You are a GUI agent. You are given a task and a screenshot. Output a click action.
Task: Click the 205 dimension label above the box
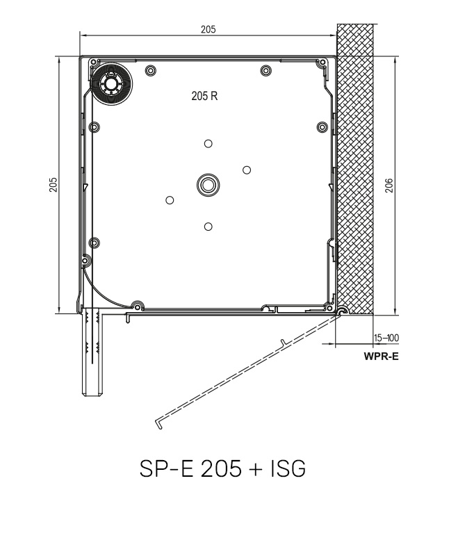point(207,29)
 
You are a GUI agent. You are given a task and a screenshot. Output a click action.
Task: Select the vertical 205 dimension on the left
point(54,185)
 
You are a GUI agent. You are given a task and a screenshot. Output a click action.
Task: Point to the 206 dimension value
point(389,186)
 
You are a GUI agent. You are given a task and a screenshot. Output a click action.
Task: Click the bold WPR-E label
point(381,358)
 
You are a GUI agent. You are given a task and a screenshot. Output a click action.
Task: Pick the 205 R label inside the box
point(204,96)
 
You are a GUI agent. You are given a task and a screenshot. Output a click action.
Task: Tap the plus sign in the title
point(253,470)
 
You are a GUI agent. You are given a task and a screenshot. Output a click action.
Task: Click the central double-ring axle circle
point(207,184)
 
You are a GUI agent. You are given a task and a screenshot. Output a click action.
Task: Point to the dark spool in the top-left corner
point(110,84)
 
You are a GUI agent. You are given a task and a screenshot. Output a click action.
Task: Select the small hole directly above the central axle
point(208,143)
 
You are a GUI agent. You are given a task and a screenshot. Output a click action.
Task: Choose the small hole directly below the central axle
point(208,227)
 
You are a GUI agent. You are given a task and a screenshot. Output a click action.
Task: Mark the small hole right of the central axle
point(247,170)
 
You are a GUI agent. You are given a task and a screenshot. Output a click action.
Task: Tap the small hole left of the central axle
point(169,200)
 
